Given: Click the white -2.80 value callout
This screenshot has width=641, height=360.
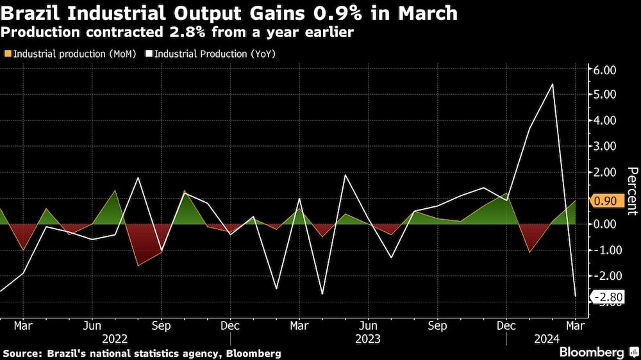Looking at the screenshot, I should click(605, 297).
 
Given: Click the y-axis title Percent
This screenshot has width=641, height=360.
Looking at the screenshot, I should click(631, 190).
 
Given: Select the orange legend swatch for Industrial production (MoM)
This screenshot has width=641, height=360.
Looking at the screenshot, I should click(7, 54).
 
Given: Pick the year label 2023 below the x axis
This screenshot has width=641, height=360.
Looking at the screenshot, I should click(368, 338).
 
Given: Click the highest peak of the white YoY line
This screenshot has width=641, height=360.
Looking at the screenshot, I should click(553, 84).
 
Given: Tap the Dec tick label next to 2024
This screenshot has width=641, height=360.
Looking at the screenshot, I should click(506, 325).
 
